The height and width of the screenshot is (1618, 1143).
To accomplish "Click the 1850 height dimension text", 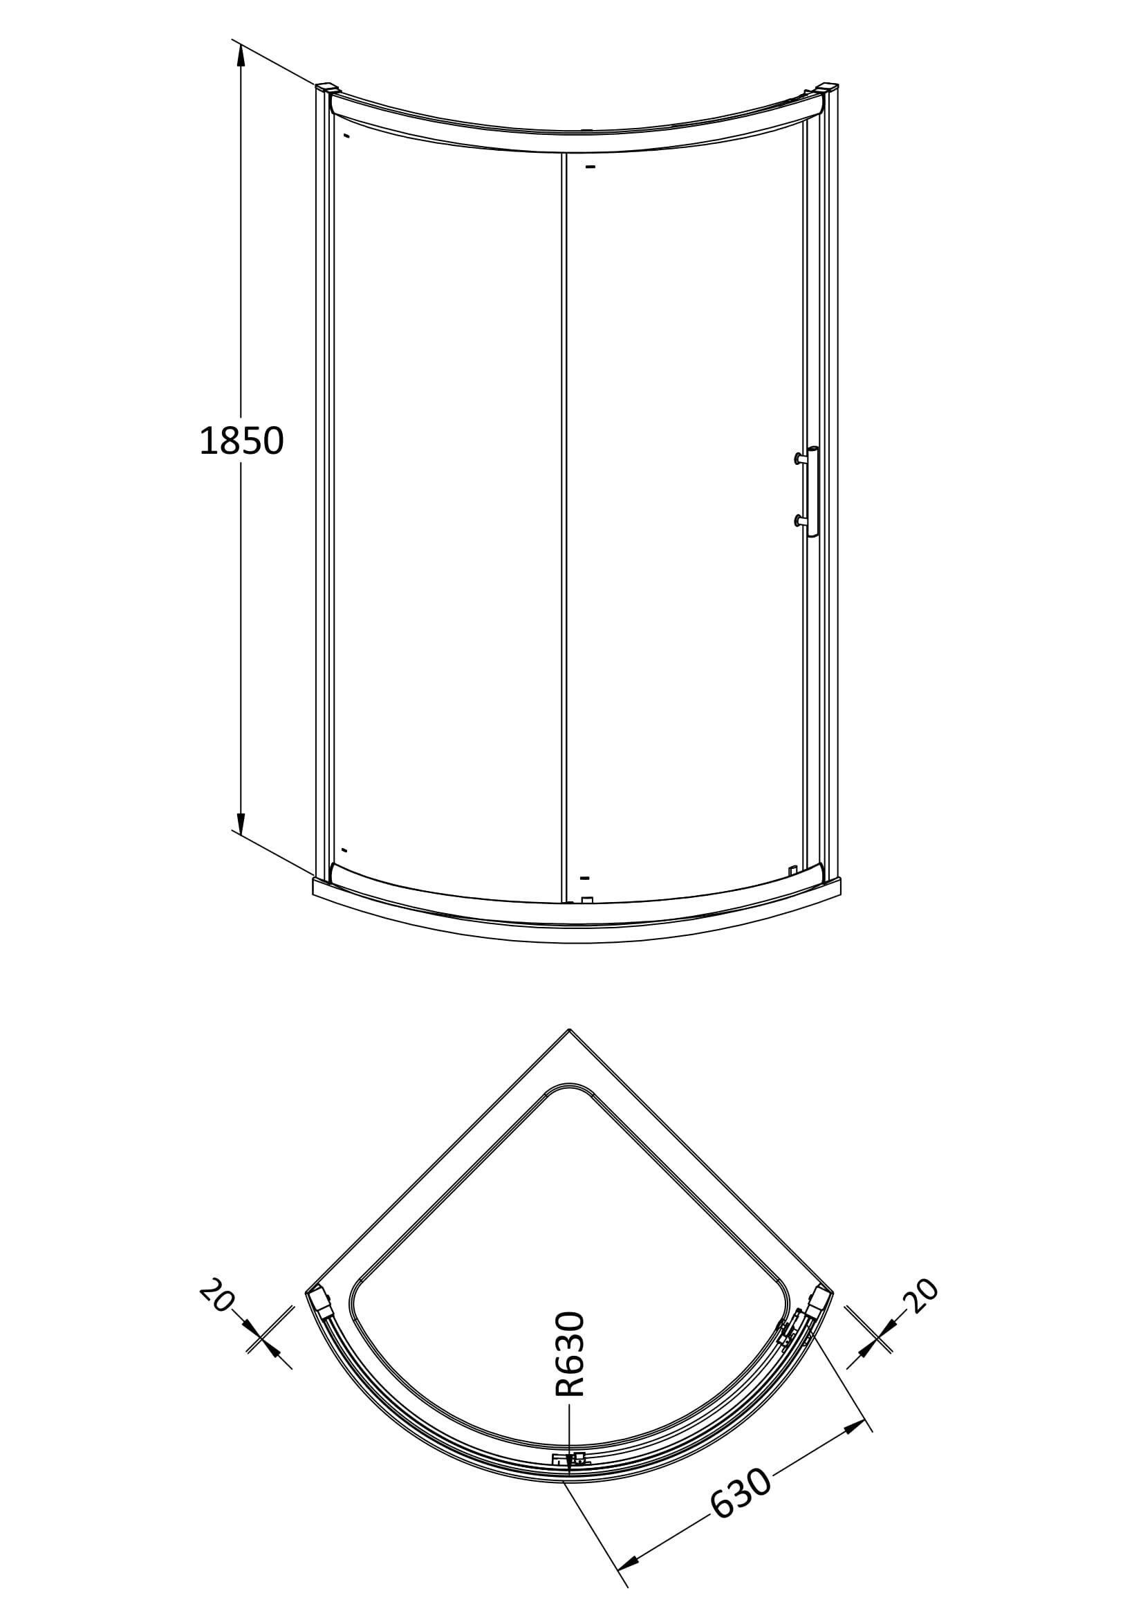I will (241, 441).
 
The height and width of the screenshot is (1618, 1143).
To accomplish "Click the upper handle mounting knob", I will (798, 459).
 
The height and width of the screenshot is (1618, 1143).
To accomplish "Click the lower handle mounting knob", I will (798, 521).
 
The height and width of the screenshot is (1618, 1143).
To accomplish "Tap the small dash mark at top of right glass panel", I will (590, 167).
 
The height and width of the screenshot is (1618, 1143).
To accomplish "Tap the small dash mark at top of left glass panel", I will (346, 136).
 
